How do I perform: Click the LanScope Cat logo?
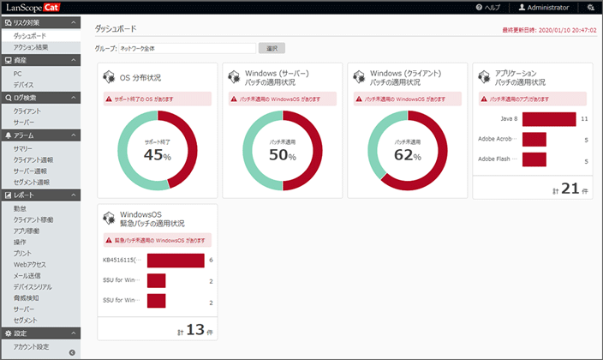point(42,7)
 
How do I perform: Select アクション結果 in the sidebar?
point(31,47)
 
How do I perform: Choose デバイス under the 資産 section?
point(24,85)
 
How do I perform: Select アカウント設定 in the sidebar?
point(31,346)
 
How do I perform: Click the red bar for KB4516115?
point(176,260)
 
